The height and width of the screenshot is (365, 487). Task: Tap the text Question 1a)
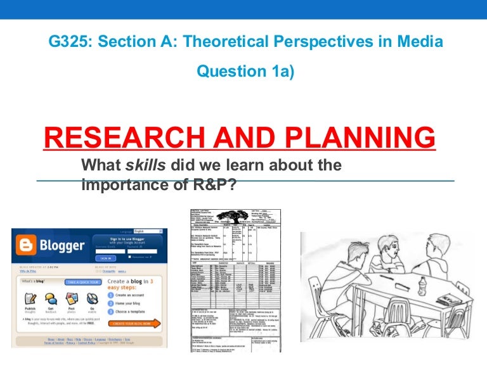tap(246, 72)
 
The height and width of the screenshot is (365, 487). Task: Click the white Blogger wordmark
tap(63, 245)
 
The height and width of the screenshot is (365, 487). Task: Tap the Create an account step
tap(132, 295)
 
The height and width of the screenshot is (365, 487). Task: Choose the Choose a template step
tap(135, 312)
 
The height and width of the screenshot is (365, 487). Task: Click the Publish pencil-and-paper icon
tap(30, 298)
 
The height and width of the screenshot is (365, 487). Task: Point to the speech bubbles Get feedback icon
tap(51, 298)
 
